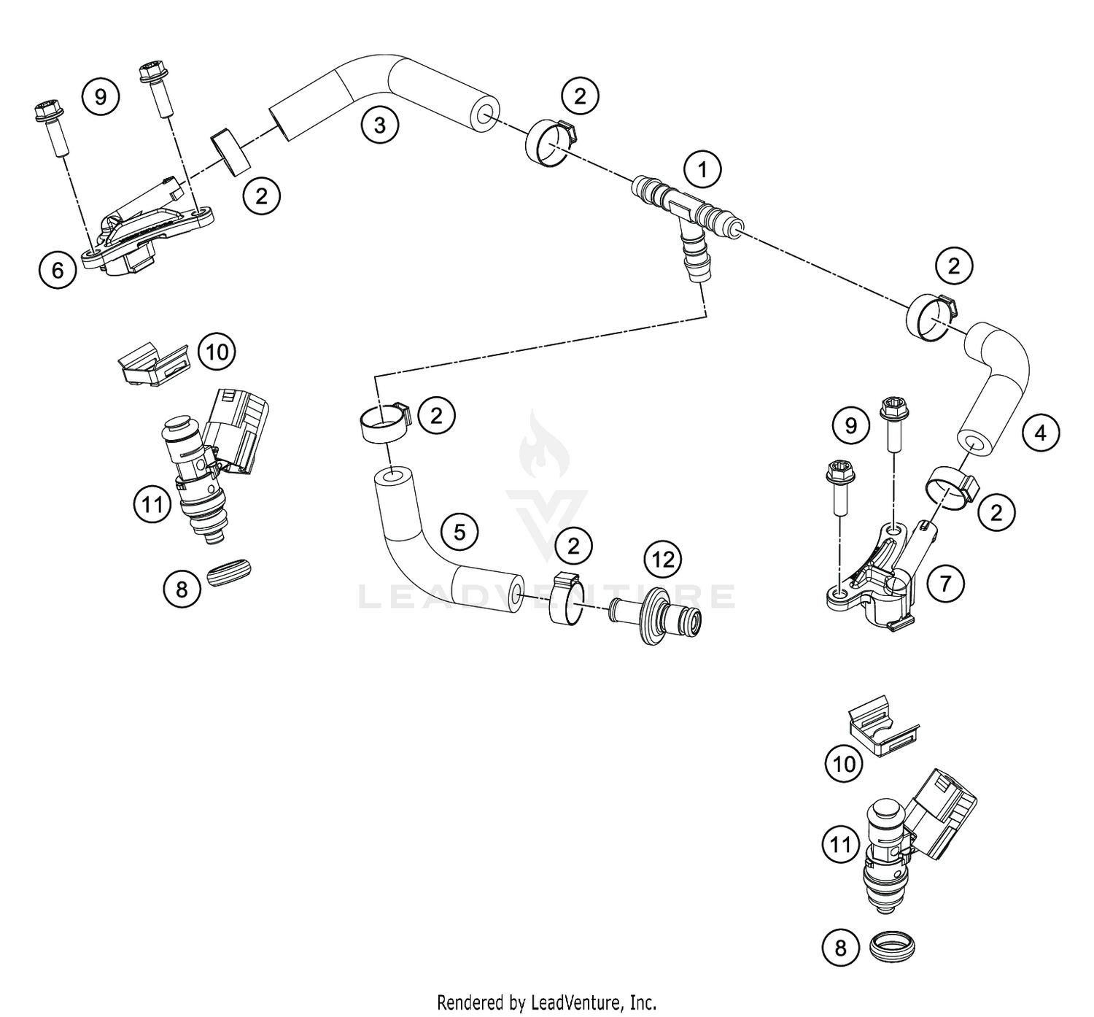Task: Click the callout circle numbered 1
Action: pyautogui.click(x=702, y=171)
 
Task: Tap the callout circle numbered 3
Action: pyautogui.click(x=379, y=125)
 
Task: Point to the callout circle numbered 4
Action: pyautogui.click(x=1040, y=433)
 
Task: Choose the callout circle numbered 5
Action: pyautogui.click(x=459, y=532)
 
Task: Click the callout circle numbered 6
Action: pyautogui.click(x=58, y=271)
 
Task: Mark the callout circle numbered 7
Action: pyautogui.click(x=945, y=584)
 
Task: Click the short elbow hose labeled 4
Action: pyautogui.click(x=996, y=387)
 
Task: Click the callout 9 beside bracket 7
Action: pyautogui.click(x=850, y=425)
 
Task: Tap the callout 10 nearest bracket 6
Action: pyautogui.click(x=217, y=352)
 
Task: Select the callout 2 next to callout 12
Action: pyautogui.click(x=573, y=546)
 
